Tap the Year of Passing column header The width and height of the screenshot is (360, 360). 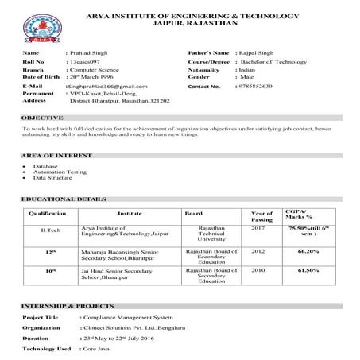click(x=261, y=217)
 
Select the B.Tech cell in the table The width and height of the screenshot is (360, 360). click(x=49, y=229)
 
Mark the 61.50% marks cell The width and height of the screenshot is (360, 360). click(x=308, y=270)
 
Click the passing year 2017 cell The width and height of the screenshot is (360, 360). click(x=258, y=228)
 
